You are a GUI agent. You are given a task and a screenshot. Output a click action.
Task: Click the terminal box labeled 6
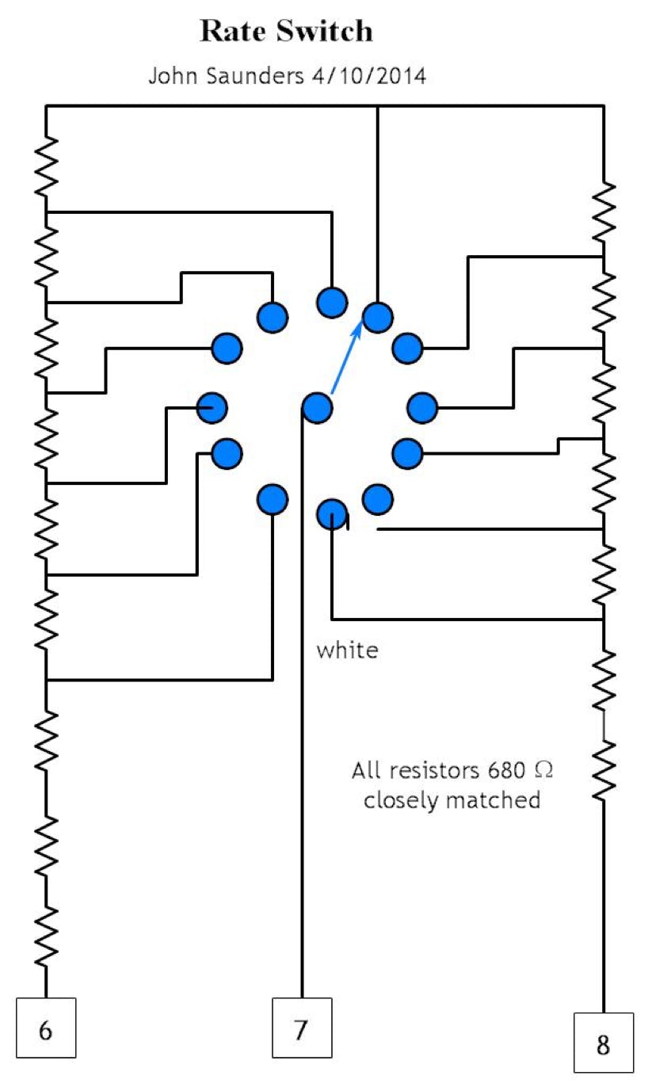pos(46,1027)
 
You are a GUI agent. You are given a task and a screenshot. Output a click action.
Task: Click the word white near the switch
pos(347,650)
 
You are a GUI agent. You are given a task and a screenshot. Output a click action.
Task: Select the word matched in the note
pos(494,799)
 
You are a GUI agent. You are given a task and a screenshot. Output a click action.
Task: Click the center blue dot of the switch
pos(317,408)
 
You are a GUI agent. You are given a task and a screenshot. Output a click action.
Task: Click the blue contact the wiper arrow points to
pos(378,317)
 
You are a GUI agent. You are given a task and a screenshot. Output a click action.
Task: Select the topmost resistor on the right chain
pos(604,212)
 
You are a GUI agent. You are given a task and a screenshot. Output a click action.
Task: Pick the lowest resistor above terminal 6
pos(46,935)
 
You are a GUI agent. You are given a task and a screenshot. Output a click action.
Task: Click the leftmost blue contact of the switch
pos(212,407)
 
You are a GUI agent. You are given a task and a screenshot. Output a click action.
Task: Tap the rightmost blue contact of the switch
pos(422,407)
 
